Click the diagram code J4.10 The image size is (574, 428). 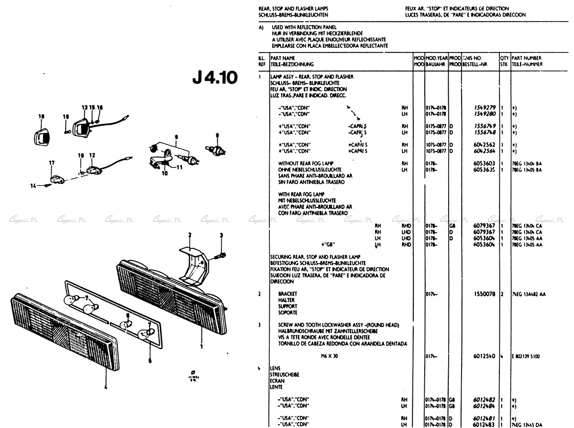click(x=215, y=78)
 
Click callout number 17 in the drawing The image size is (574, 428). click(x=51, y=163)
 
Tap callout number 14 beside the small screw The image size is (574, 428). click(x=33, y=185)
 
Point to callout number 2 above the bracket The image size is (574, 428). click(x=189, y=235)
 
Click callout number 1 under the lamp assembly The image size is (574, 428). click(x=201, y=346)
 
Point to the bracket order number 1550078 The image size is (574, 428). click(x=485, y=294)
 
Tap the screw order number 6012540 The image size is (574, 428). click(x=485, y=356)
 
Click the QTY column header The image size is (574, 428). click(x=504, y=58)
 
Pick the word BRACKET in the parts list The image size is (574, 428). click(x=287, y=294)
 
